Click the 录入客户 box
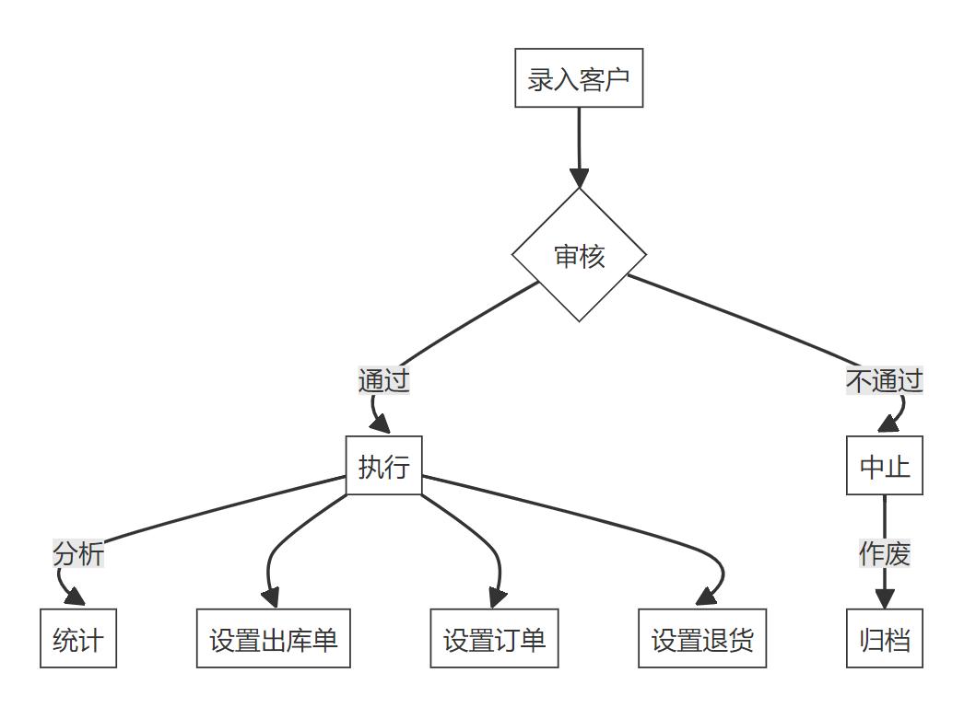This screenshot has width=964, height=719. pos(579,78)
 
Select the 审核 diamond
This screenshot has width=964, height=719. pos(579,255)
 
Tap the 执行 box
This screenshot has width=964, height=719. pos(383,466)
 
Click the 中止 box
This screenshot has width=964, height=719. pos(885,466)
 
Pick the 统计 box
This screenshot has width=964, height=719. pos(78,638)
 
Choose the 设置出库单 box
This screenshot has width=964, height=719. pos(274,638)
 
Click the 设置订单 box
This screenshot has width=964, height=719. pos(495,638)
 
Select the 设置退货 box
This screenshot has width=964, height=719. pos(702,638)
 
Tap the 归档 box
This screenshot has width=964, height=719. pos(885,638)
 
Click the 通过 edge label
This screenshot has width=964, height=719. pos(383,380)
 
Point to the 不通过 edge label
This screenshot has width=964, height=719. pos(885,380)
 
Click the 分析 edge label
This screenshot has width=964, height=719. pos(78,554)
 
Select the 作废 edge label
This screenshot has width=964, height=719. pos(885,554)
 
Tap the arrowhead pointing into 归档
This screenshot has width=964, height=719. pos(885,599)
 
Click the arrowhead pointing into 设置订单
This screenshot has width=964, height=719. pos(496,599)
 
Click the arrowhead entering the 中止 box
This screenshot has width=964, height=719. pos(888,426)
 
